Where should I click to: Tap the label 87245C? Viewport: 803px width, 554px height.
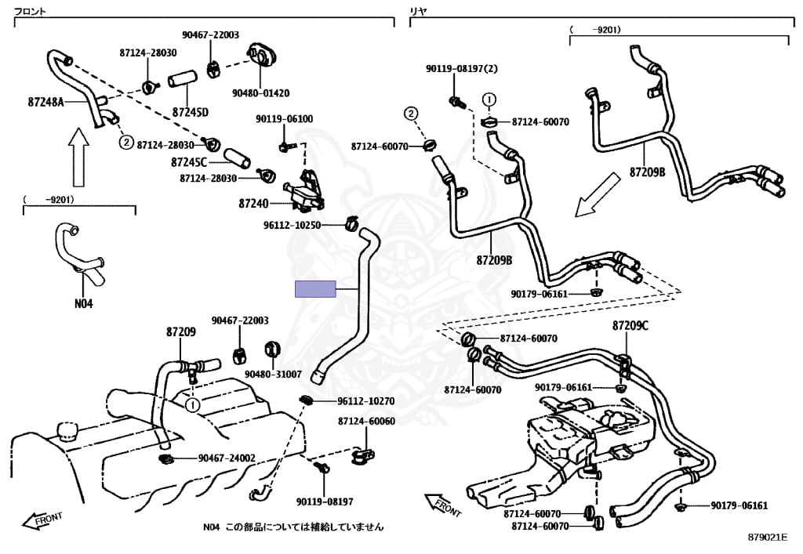tap(189, 163)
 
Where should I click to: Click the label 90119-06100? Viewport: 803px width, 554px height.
tap(284, 119)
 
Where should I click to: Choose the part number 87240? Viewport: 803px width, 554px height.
tap(254, 204)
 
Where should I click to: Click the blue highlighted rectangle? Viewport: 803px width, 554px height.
tap(315, 289)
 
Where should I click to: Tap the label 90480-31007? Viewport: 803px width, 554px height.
tap(273, 375)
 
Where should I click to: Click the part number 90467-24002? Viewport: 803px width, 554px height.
tap(227, 458)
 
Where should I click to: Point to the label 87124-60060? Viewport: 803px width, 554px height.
tap(366, 422)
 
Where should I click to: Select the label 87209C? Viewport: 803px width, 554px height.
tap(630, 325)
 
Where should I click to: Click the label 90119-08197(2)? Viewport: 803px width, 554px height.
tap(462, 69)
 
